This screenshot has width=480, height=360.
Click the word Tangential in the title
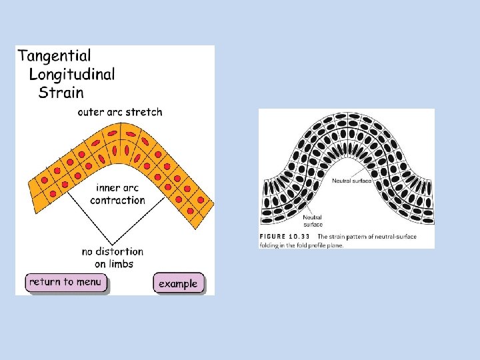point(54,56)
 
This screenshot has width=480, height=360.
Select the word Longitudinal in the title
point(72,74)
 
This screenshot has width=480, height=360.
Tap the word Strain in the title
point(61,92)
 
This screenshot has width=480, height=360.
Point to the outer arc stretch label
point(119,112)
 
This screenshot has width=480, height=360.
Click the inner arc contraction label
point(117,194)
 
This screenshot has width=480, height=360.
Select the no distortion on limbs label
point(112,257)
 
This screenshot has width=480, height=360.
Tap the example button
point(178,283)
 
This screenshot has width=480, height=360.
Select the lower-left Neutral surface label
point(313,221)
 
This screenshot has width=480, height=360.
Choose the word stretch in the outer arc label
point(145,112)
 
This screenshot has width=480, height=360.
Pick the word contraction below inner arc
point(117,201)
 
